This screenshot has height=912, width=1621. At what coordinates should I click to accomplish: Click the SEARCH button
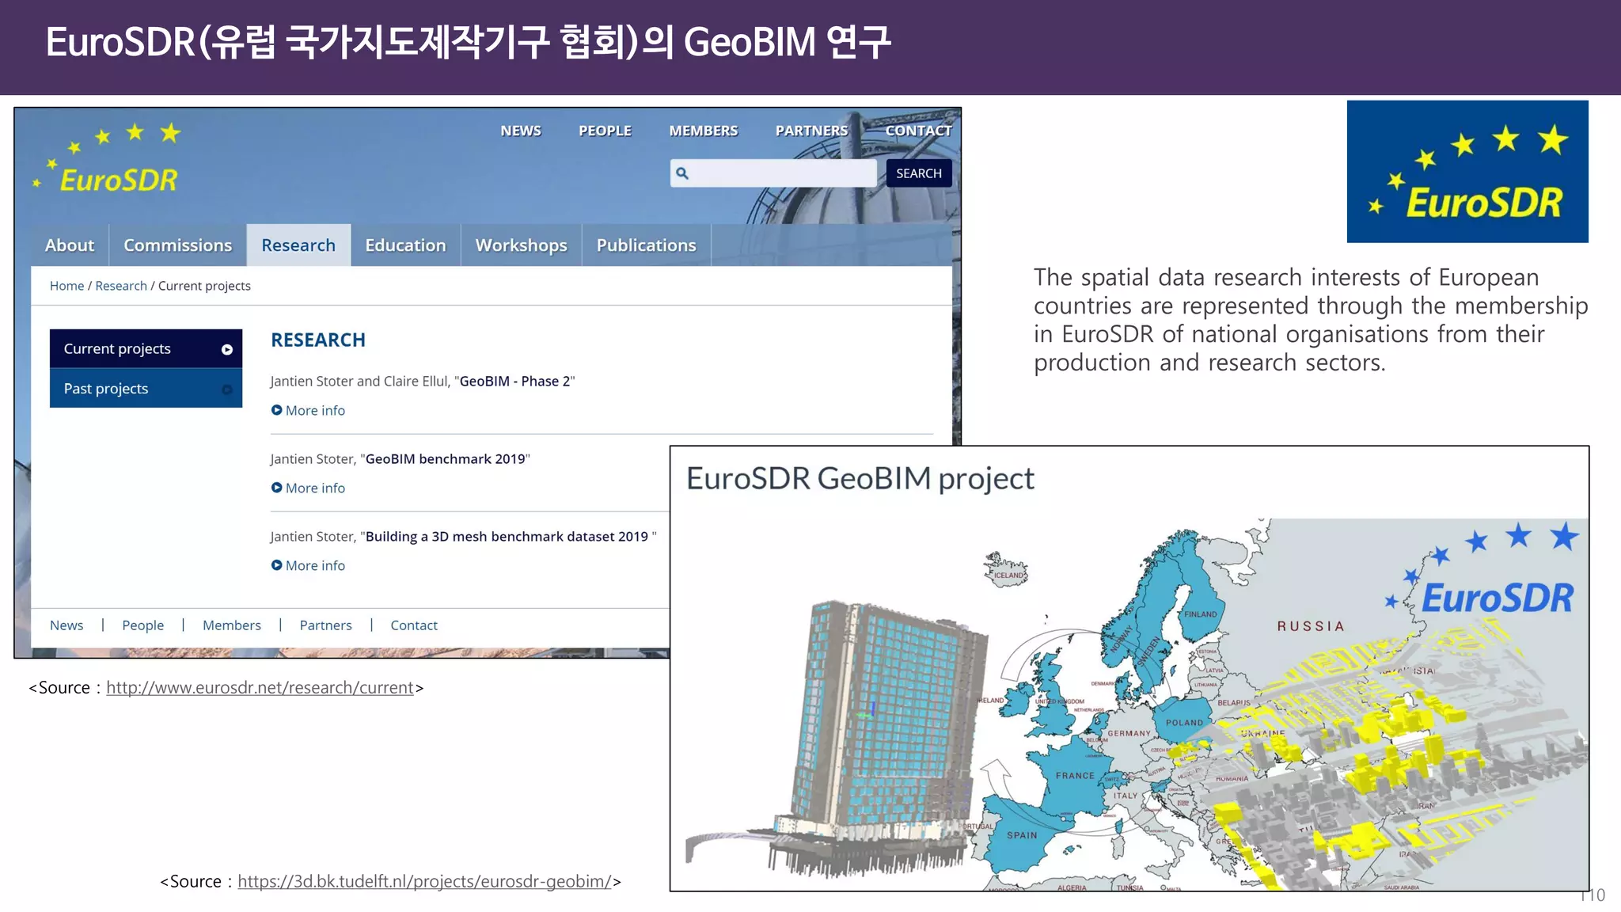point(918,173)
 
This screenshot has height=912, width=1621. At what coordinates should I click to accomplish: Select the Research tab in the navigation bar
point(298,245)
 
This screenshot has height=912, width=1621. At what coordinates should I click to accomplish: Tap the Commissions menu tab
point(177,245)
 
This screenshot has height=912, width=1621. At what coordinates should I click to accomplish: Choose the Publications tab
point(646,245)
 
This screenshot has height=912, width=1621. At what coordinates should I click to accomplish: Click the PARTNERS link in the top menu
point(811,131)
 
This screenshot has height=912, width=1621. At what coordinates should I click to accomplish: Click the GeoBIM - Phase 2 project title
point(514,382)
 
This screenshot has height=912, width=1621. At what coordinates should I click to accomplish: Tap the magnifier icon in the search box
point(682,173)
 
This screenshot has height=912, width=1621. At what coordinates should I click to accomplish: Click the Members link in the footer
point(231,625)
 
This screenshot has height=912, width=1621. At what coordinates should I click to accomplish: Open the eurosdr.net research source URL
point(260,688)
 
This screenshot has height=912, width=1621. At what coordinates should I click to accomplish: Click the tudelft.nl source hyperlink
point(424,882)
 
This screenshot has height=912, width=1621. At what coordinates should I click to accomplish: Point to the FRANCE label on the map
point(1075,776)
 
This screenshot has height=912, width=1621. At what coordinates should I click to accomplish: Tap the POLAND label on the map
point(1184,723)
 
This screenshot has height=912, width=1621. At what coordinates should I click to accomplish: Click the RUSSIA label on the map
point(1311,626)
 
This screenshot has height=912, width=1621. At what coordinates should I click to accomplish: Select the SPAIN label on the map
point(1022,835)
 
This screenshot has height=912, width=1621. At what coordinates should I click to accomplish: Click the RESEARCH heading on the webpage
point(318,340)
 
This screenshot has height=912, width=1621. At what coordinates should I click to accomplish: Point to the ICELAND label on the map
point(1008,576)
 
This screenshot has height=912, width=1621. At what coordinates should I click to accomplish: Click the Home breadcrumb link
point(66,286)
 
